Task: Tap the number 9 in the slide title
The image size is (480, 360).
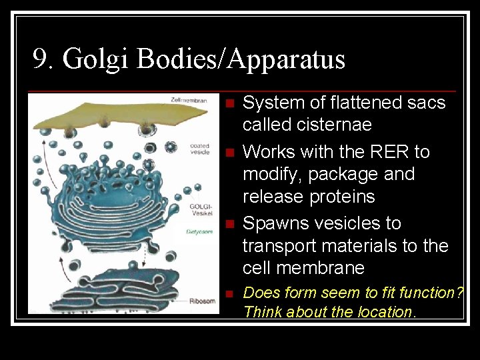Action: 41,59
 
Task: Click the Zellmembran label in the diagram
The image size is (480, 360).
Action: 184,100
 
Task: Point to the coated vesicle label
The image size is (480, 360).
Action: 200,149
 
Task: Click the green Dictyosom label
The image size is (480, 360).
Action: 203,231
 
